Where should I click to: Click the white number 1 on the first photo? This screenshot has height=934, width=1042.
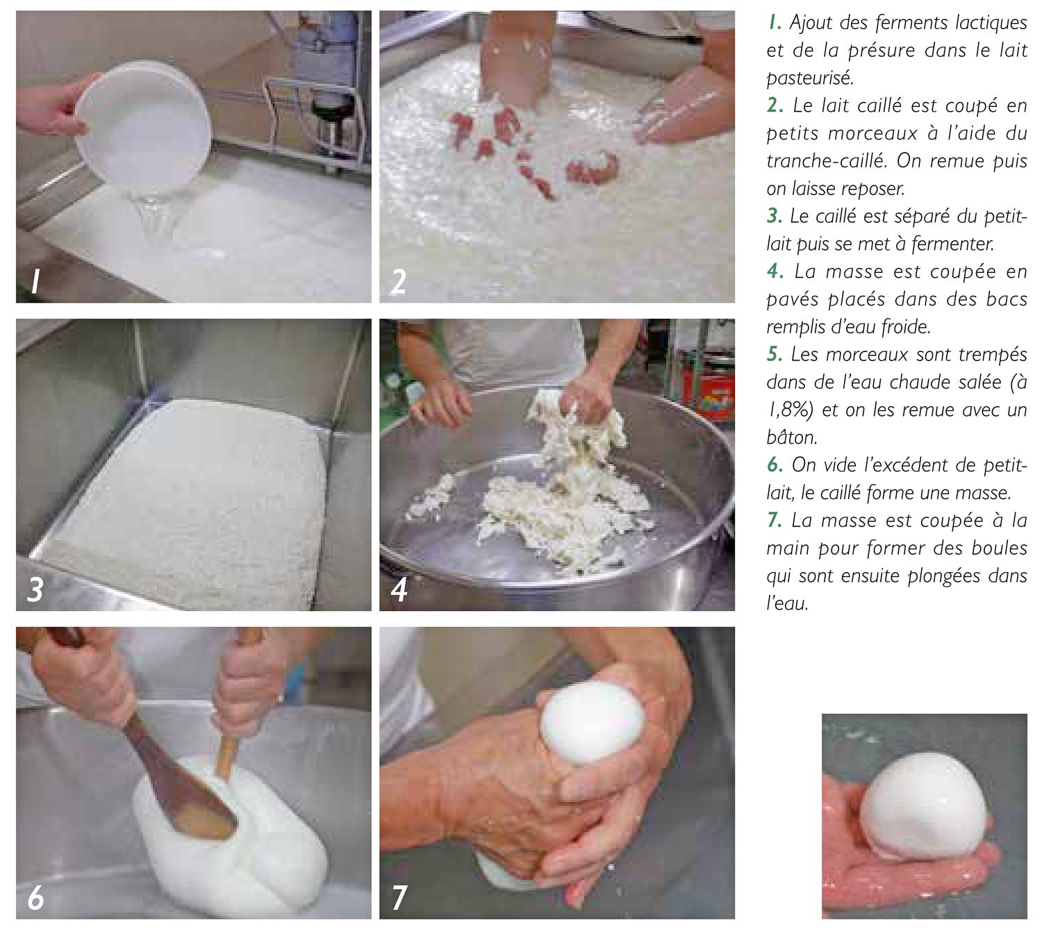[35, 282]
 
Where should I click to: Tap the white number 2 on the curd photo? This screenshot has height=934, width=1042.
[398, 282]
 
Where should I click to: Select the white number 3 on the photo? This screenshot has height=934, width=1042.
[35, 590]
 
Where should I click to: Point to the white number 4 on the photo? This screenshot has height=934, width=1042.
[399, 590]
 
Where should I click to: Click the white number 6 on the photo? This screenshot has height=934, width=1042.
[35, 898]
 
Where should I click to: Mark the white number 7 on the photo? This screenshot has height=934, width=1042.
[399, 898]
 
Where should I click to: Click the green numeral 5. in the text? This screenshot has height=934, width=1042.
[775, 354]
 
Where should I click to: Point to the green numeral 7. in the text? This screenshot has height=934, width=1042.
[775, 521]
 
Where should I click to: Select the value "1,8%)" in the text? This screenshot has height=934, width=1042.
[790, 410]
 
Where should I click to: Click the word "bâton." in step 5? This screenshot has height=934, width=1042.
[791, 437]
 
